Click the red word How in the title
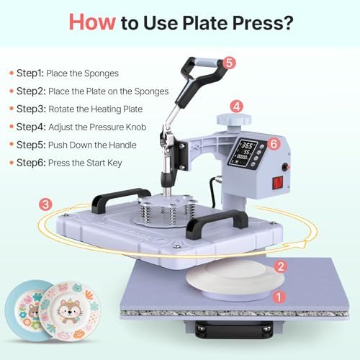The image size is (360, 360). tap(91, 22)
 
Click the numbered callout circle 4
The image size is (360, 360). tap(236, 105)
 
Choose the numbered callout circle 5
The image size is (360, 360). tap(229, 63)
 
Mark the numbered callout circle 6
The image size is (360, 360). tap(273, 144)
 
